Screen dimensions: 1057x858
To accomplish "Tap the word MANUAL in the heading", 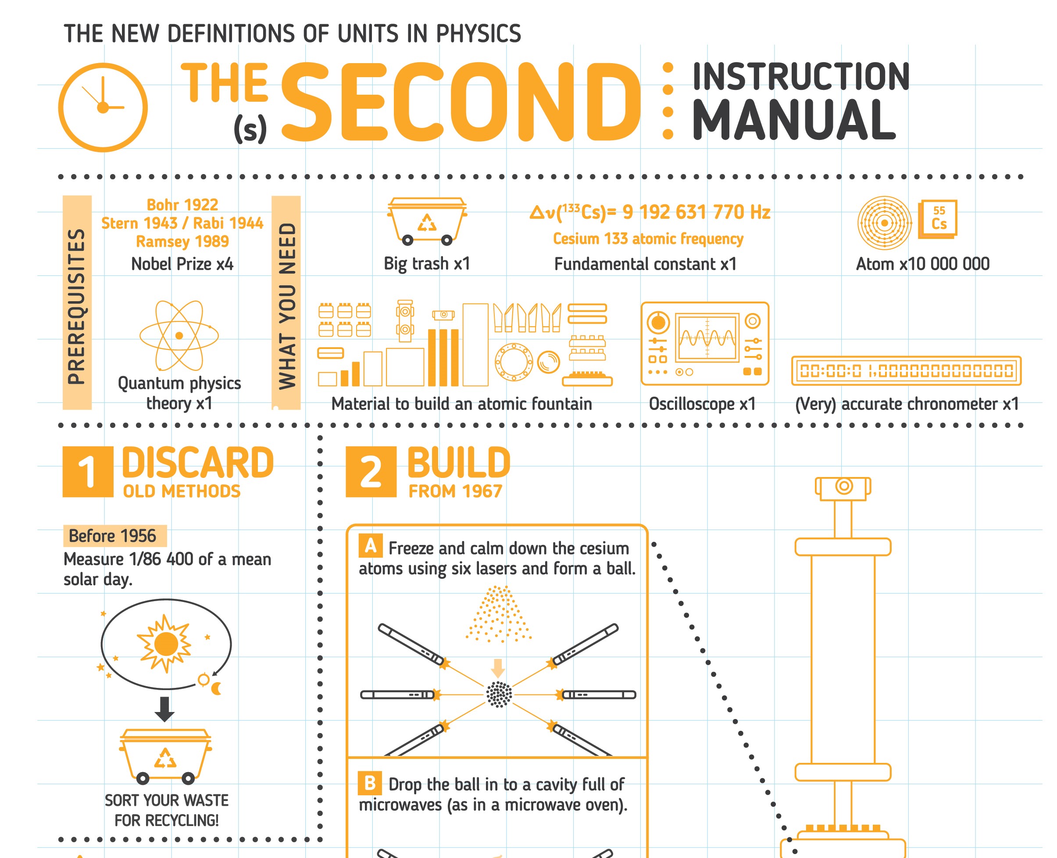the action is [x=794, y=120].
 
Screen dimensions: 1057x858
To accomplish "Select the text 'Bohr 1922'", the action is [x=182, y=205].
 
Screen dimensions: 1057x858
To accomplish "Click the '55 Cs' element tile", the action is [x=938, y=218].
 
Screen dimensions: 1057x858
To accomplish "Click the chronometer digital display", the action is [x=906, y=370].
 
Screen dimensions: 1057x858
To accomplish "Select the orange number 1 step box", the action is [x=88, y=471].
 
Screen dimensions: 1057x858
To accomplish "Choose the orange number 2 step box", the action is [x=371, y=471].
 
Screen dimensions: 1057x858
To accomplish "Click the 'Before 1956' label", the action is [x=113, y=536].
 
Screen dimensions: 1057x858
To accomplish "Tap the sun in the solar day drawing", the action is [x=166, y=644].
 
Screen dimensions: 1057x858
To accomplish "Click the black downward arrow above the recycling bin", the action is [x=164, y=709].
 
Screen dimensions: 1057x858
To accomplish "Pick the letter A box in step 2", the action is [x=370, y=546].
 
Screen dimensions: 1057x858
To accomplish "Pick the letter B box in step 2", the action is [x=370, y=783].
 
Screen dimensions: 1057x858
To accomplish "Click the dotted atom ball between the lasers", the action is [x=499, y=694].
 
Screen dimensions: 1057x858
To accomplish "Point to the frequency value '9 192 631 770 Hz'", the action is [x=696, y=212].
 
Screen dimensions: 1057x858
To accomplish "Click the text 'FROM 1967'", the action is [x=455, y=491].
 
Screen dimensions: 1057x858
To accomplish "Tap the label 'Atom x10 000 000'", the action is [x=922, y=264].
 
